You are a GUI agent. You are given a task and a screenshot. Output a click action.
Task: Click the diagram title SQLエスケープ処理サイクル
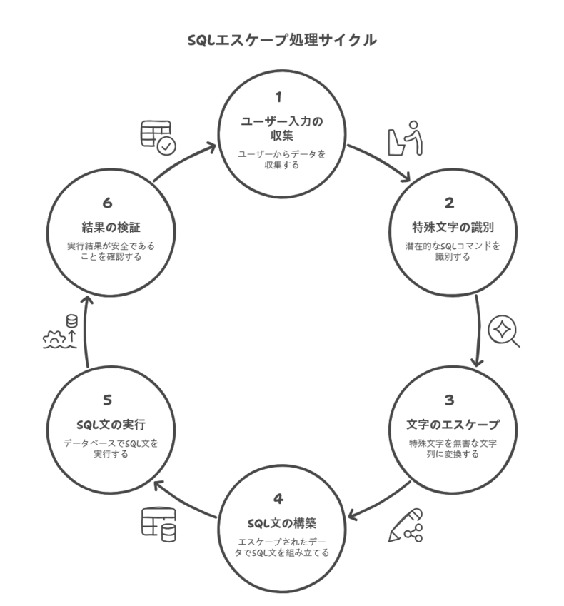pos(282,40)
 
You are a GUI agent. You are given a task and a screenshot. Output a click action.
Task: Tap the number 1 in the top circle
pos(278,97)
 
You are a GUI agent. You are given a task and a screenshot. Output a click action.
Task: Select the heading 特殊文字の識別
pos(453,227)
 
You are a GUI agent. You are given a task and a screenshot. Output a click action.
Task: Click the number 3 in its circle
pos(449,400)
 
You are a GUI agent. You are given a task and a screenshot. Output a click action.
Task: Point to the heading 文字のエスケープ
pos(453,425)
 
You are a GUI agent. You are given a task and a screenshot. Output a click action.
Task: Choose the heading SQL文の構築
pos(282,523)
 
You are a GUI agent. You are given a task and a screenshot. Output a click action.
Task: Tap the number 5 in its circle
pos(107,400)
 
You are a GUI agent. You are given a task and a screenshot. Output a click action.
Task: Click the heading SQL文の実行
pos(111,425)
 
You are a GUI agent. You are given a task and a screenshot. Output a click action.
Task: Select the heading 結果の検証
pos(111,227)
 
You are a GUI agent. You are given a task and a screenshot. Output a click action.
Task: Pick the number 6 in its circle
pos(107,203)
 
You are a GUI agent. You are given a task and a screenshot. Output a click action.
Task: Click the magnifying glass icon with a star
pos(503,331)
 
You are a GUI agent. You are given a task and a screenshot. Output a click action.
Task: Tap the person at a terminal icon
pos(405,138)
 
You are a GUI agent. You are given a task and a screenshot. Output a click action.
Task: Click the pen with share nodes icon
pos(406,525)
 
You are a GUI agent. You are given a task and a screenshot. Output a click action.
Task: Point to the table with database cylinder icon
pos(158,525)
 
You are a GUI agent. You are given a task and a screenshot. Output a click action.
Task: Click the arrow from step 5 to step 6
pos(85,332)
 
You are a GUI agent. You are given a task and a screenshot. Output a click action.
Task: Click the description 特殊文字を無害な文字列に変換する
pos(453,448)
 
